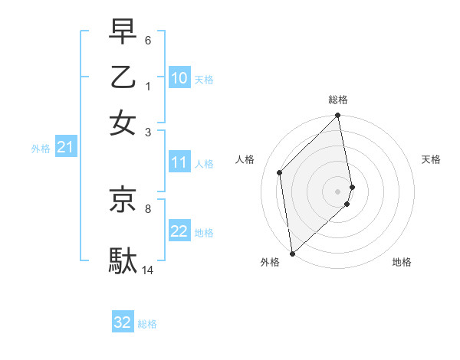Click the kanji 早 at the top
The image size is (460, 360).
click(123, 33)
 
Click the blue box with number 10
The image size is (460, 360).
click(179, 78)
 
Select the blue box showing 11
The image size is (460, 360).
click(179, 162)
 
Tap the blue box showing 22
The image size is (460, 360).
click(179, 231)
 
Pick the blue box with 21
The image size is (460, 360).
click(65, 147)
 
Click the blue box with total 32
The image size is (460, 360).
click(123, 322)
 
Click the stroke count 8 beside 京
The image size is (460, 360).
click(148, 208)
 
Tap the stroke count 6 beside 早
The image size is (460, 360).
click(148, 39)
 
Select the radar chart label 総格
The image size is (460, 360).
click(338, 100)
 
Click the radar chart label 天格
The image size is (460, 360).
click(432, 159)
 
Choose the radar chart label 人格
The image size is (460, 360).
click(245, 159)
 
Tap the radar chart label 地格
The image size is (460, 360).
click(402, 262)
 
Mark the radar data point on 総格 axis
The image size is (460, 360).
click(338, 116)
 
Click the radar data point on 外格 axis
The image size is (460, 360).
click(292, 253)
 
